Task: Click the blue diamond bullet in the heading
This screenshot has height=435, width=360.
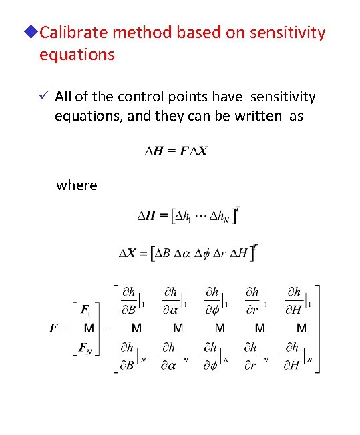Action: pyautogui.click(x=33, y=33)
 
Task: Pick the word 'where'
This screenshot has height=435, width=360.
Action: pyautogui.click(x=77, y=185)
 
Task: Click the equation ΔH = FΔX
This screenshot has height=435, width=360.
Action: pyautogui.click(x=177, y=151)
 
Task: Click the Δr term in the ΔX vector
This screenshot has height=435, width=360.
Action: pyautogui.click(x=218, y=254)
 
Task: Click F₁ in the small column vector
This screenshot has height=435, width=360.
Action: pyautogui.click(x=86, y=310)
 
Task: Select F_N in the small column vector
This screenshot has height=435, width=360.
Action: pyautogui.click(x=86, y=347)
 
